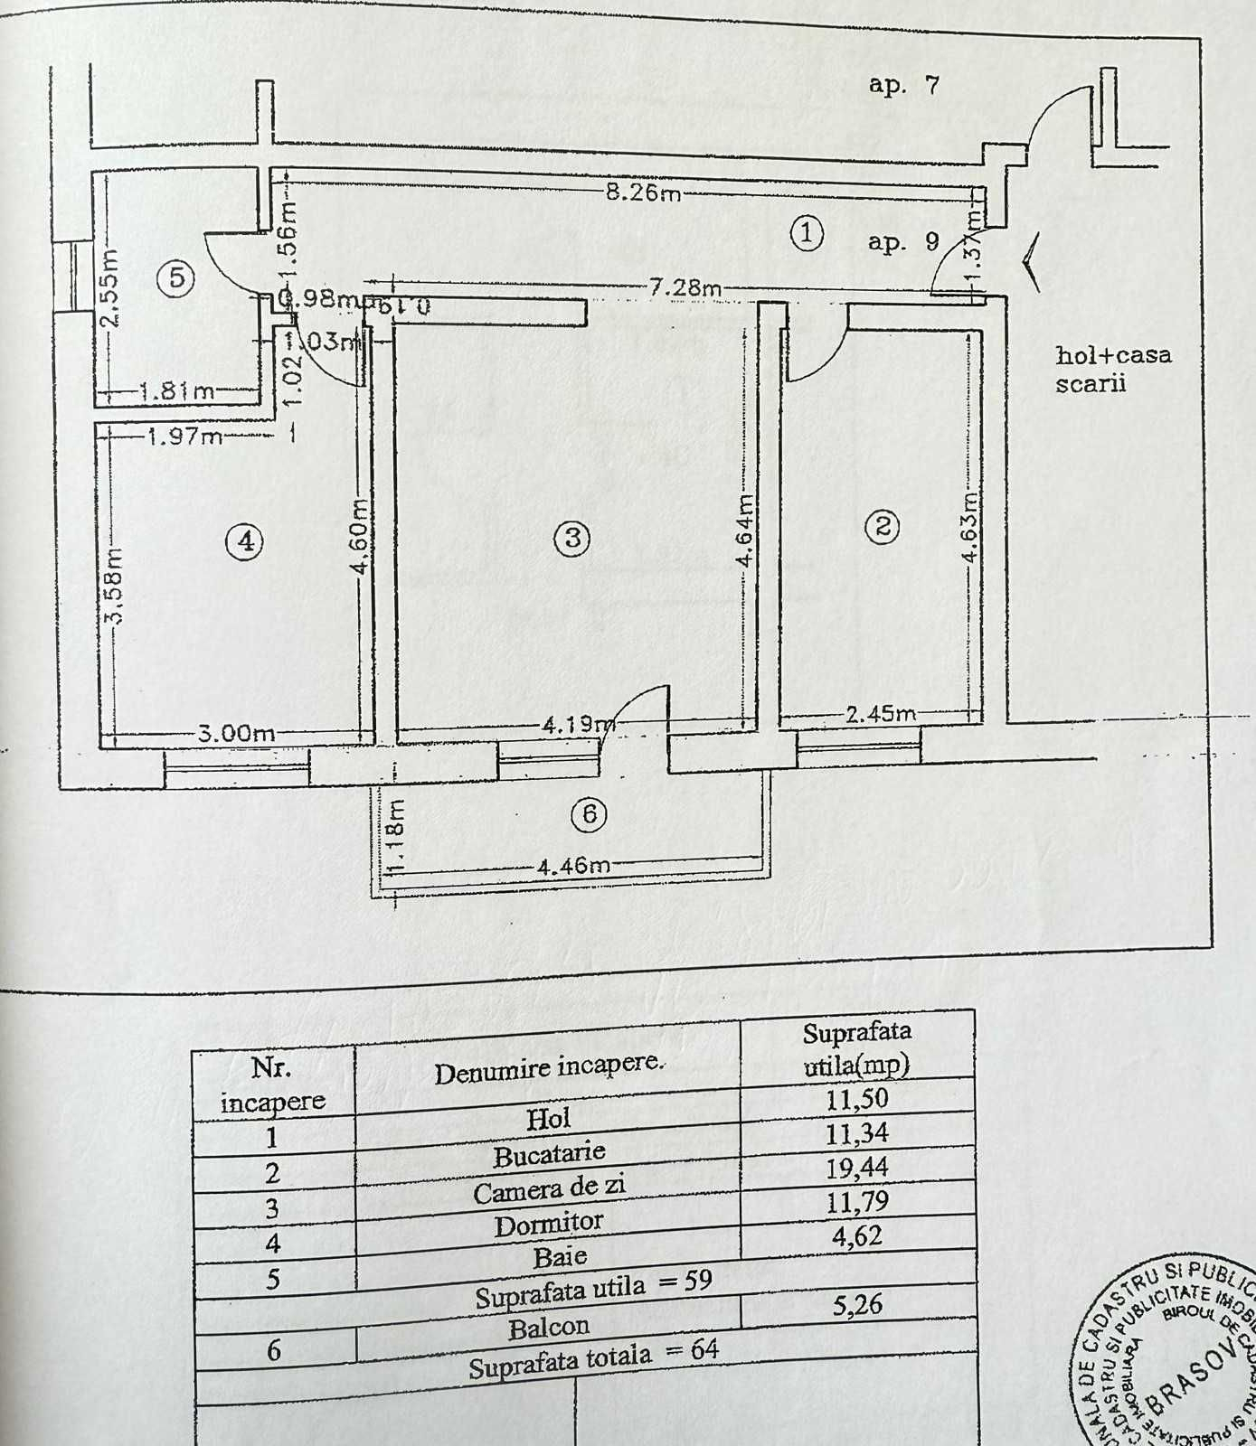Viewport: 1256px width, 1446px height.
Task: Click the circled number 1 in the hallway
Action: click(x=807, y=233)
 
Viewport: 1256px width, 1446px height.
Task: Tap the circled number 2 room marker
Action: click(x=883, y=526)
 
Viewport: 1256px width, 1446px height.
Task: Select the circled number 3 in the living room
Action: click(x=571, y=538)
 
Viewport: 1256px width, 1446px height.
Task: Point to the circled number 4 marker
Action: click(x=245, y=541)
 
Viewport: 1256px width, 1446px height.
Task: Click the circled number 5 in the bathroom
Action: click(x=176, y=277)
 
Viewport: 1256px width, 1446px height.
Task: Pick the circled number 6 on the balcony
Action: click(x=589, y=814)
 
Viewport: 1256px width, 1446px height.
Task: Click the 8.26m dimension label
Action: click(x=643, y=192)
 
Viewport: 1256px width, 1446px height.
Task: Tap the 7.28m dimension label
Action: click(x=685, y=287)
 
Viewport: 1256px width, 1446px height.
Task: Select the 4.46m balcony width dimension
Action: click(x=573, y=866)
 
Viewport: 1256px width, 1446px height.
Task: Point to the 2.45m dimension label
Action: click(x=881, y=714)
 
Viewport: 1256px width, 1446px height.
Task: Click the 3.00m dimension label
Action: click(x=236, y=733)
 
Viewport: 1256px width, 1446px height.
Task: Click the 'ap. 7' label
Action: click(x=903, y=85)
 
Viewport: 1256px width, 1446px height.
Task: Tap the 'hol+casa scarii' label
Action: click(x=1112, y=369)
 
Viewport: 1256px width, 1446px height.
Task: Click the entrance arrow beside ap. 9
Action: click(x=1032, y=262)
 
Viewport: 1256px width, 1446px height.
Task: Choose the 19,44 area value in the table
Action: click(x=856, y=1169)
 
